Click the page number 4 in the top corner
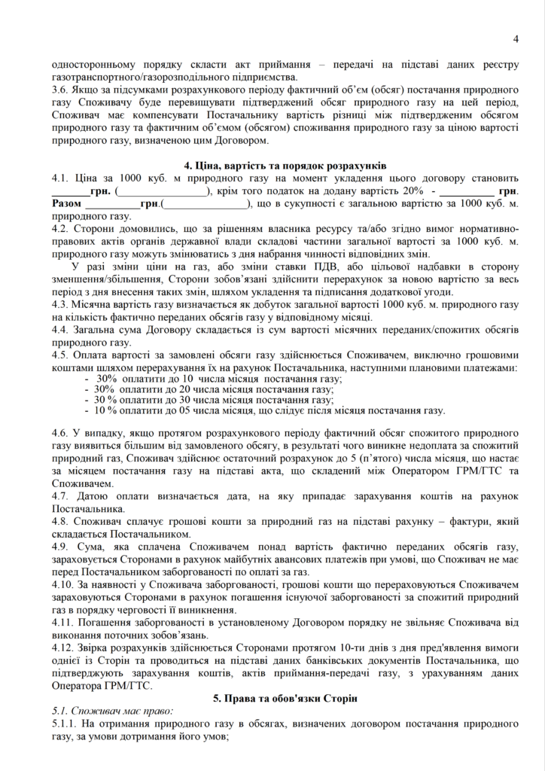[516, 39]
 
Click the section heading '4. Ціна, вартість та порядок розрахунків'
[285, 165]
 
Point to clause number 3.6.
[60, 88]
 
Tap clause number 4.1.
[60, 178]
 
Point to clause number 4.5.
[60, 355]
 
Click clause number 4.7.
[60, 496]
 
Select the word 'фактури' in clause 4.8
[456, 523]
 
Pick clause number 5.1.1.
[65, 724]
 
